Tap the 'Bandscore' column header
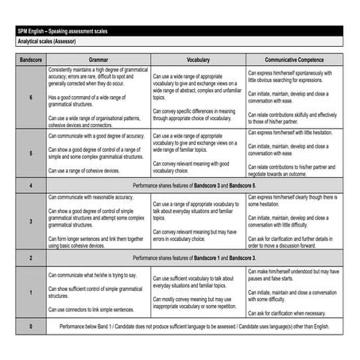(30, 60)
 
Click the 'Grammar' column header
(99, 60)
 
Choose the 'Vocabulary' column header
(198, 60)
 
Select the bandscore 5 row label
(30, 153)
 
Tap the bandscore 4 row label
(30, 184)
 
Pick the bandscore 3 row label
(30, 220)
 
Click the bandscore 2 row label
(30, 257)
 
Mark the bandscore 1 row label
(30, 292)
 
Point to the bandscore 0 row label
(30, 326)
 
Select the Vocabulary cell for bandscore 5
(198, 153)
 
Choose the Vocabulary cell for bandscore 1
(198, 292)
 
